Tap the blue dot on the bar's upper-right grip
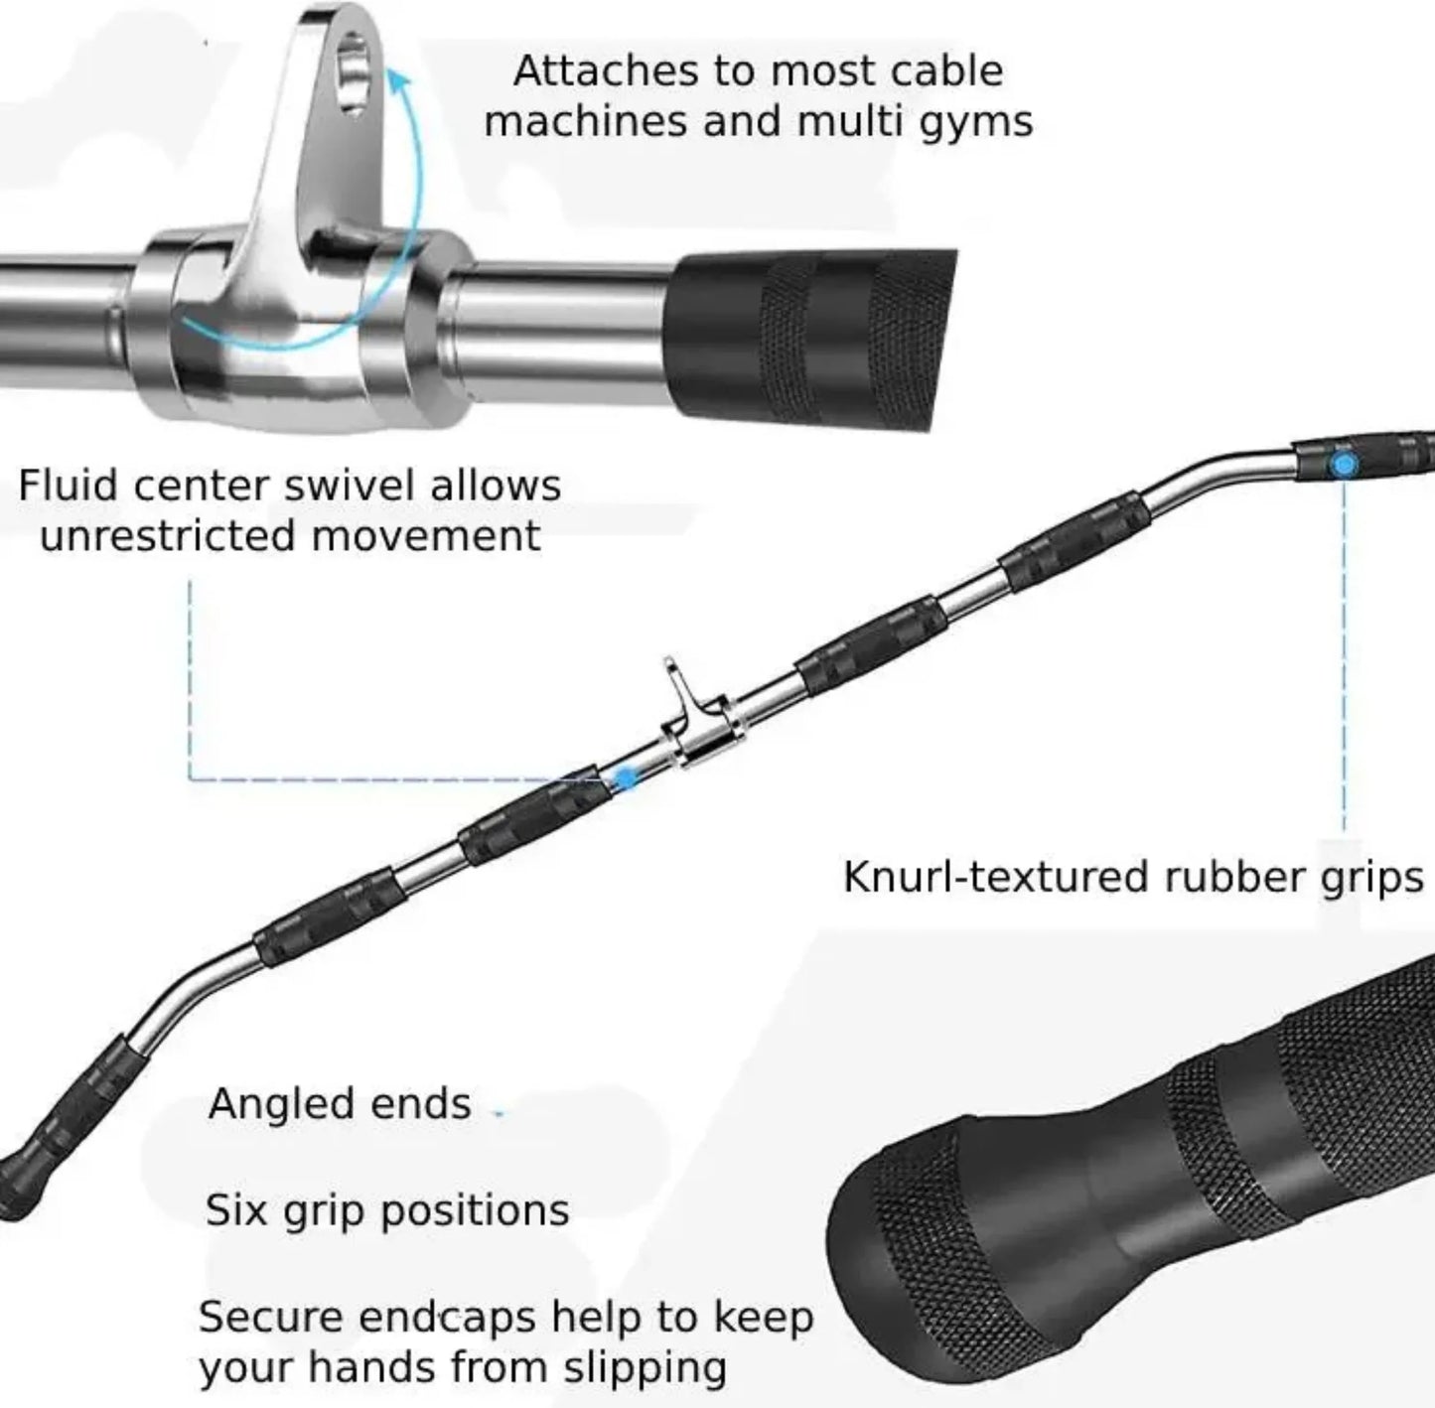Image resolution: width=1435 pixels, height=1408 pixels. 1344,464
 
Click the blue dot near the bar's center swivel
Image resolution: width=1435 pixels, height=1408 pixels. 625,779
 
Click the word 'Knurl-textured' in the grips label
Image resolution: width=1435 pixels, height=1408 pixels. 996,878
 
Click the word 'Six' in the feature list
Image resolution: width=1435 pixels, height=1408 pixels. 236,1210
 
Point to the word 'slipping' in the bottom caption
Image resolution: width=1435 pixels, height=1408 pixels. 646,1368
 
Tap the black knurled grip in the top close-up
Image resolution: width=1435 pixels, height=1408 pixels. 814,333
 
